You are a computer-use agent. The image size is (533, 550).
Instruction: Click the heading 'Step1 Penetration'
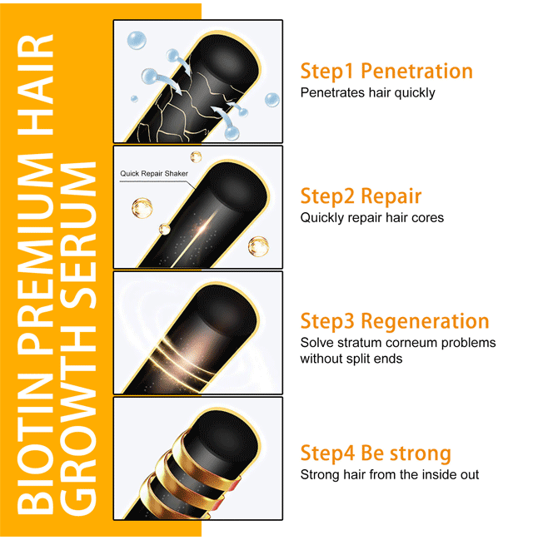point(386,72)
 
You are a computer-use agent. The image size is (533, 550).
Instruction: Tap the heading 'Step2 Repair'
point(361,196)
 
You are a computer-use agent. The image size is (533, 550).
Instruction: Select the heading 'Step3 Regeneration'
point(395,321)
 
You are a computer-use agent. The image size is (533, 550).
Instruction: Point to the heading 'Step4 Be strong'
point(376,453)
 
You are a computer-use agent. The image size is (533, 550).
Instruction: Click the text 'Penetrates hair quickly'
point(367,93)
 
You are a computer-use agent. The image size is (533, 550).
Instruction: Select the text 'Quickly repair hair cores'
point(371,218)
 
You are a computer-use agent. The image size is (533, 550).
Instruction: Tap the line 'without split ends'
point(351,359)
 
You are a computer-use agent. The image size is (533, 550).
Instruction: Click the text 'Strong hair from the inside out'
point(390,474)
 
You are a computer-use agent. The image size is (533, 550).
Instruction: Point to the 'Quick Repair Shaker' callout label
point(154,173)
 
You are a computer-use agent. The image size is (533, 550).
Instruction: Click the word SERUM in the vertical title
point(77,235)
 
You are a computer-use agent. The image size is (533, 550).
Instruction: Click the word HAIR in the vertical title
point(35,85)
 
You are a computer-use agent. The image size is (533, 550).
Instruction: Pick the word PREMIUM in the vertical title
point(35,252)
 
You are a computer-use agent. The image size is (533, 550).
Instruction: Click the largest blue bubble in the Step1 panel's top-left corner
point(137,40)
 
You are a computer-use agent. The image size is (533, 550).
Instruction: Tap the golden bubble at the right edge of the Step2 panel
point(258,246)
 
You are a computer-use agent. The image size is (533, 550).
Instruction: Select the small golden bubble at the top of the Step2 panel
point(196,156)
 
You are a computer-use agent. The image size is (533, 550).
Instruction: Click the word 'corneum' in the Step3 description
point(411,343)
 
